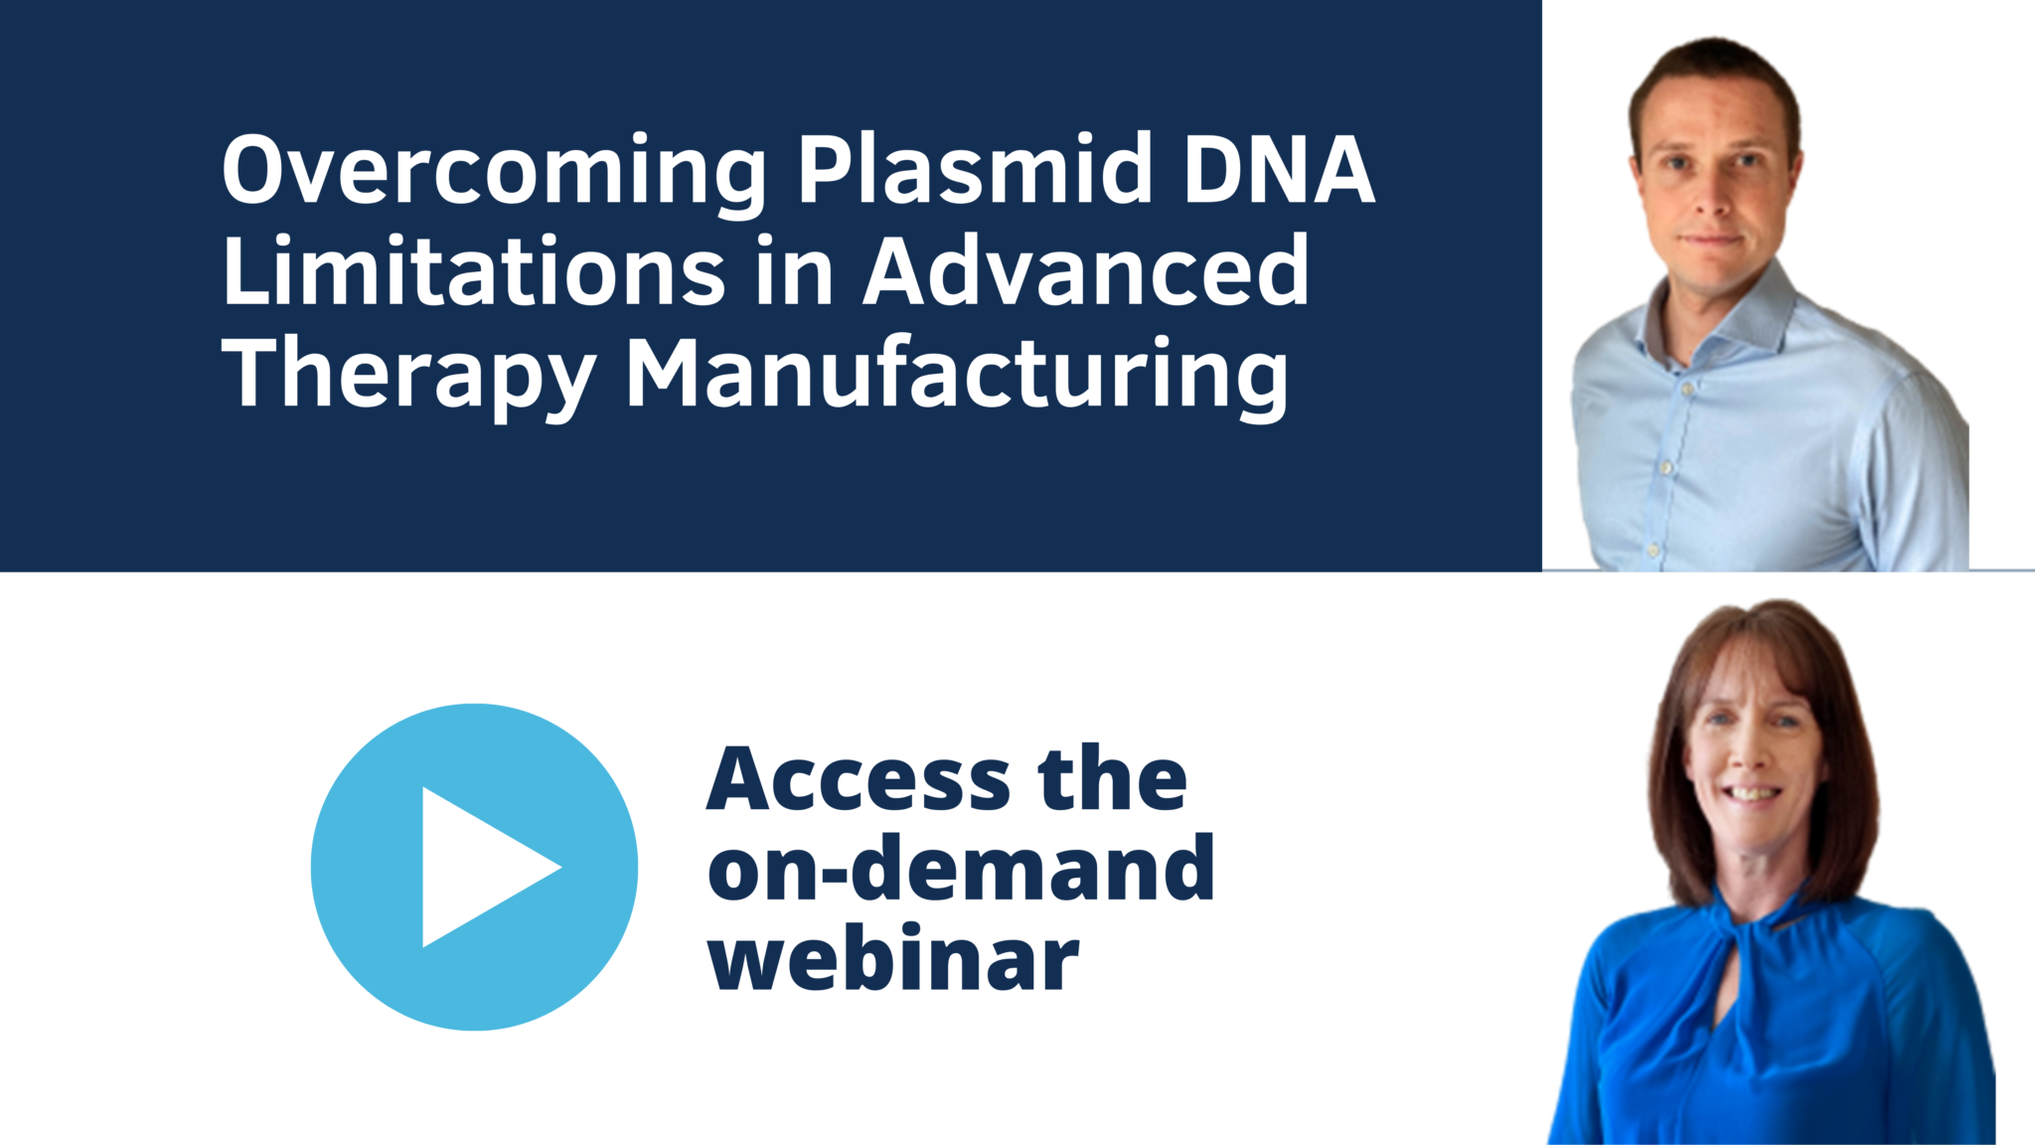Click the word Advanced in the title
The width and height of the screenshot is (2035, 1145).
pos(1086,270)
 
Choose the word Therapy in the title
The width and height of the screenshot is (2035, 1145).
pos(408,374)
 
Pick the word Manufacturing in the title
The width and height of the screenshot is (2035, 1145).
pos(957,374)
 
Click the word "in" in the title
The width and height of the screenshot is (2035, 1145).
pos(794,270)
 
